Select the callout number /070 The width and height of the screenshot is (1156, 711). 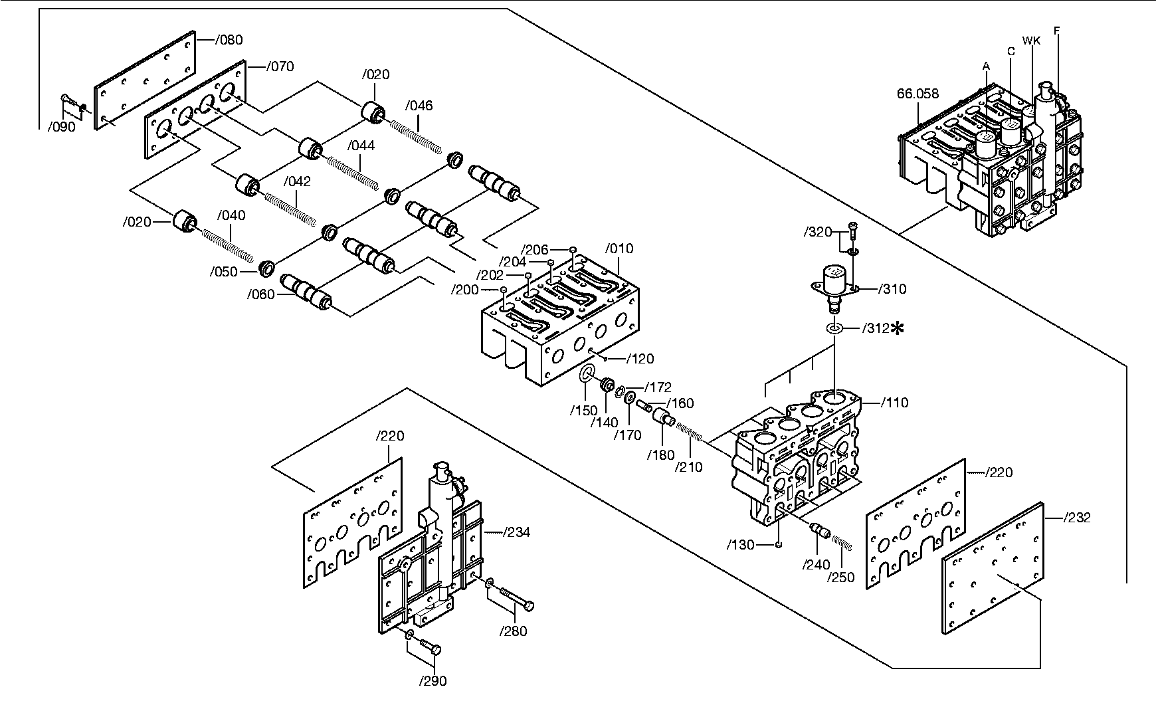[280, 66]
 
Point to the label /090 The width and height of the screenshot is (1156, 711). [62, 128]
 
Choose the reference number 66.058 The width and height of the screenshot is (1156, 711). [918, 94]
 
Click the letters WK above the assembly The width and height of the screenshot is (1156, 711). [1031, 41]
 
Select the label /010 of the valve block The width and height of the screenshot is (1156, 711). [619, 249]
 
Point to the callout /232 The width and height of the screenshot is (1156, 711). [1076, 518]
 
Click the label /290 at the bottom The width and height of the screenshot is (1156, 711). [433, 681]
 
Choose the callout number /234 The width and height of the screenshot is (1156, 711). [517, 532]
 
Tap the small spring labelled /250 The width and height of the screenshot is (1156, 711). [841, 542]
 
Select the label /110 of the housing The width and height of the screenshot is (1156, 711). [894, 403]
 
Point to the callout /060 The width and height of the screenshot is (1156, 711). [260, 294]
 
